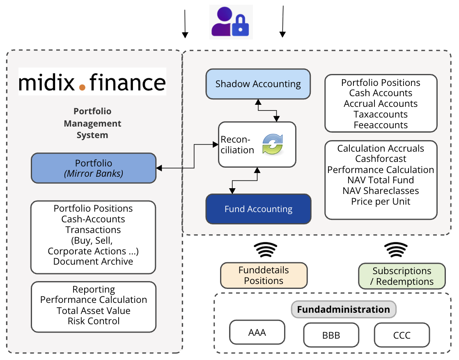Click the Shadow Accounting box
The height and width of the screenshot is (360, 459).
click(x=258, y=84)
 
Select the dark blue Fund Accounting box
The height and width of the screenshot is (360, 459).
click(x=258, y=209)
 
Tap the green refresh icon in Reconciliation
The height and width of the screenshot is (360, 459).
click(x=273, y=144)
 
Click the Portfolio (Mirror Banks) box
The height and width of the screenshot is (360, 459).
click(x=94, y=168)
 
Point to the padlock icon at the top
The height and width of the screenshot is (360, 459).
click(x=240, y=27)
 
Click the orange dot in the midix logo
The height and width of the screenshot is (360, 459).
click(x=82, y=87)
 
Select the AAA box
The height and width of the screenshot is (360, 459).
click(x=257, y=332)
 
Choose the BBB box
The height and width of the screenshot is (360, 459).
click(x=331, y=335)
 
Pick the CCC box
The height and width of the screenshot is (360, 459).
click(x=402, y=335)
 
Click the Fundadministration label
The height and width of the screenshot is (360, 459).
click(x=343, y=309)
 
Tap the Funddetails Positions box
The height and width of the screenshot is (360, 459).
click(x=264, y=276)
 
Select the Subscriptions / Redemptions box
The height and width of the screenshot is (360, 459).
click(x=402, y=276)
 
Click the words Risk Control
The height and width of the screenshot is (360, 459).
click(x=94, y=321)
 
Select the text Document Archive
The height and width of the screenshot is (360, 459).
click(x=93, y=261)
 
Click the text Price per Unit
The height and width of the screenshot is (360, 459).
click(x=381, y=201)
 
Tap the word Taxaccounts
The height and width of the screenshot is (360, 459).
click(x=381, y=114)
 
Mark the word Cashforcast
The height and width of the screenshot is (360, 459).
click(x=381, y=159)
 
